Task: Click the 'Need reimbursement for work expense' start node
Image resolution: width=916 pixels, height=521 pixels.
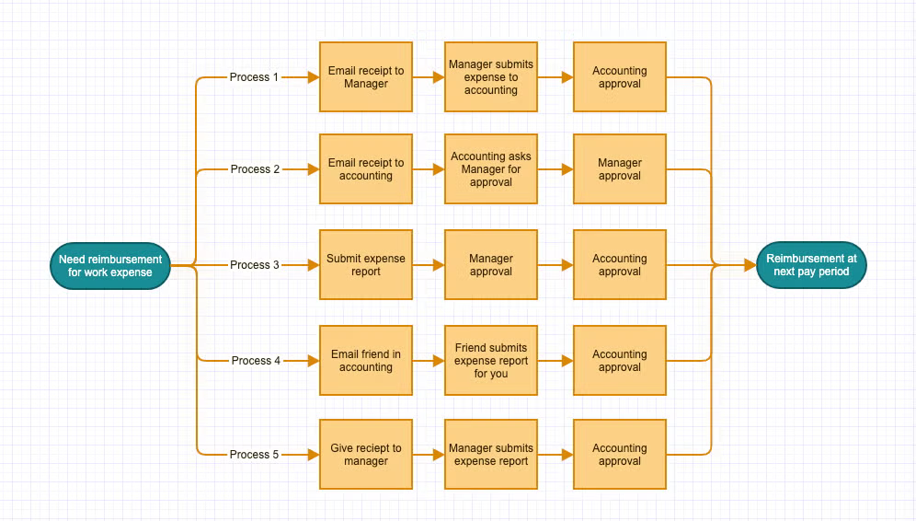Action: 110,266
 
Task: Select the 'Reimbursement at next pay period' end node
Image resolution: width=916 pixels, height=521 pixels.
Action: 811,265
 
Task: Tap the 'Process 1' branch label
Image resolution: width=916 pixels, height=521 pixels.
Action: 254,77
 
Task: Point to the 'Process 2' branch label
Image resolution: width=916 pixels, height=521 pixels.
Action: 255,169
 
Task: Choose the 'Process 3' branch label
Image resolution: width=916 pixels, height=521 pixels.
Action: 255,265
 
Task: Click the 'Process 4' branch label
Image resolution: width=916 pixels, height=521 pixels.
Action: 255,361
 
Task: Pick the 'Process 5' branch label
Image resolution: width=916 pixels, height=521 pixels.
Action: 255,455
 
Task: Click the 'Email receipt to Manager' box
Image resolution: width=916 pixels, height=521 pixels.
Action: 366,77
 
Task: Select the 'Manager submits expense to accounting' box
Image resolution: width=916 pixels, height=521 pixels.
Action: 491,77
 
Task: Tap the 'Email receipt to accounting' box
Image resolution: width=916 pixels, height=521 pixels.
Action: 366,169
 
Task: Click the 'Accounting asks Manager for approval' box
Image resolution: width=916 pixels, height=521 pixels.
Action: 491,169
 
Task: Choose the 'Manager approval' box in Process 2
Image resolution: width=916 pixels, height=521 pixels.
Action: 620,169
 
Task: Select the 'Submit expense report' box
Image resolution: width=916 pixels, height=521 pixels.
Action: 366,265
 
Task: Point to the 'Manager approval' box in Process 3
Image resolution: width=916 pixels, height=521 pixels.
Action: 491,265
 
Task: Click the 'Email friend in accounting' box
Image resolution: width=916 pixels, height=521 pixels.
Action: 366,361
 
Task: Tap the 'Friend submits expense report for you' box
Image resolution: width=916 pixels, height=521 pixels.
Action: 491,361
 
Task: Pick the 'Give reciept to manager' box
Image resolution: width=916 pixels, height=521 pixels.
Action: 366,455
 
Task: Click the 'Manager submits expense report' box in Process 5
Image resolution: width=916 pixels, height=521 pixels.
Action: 491,455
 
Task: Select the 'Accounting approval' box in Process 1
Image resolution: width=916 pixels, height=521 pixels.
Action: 620,77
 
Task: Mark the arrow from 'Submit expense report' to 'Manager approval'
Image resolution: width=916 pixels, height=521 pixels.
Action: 429,265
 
